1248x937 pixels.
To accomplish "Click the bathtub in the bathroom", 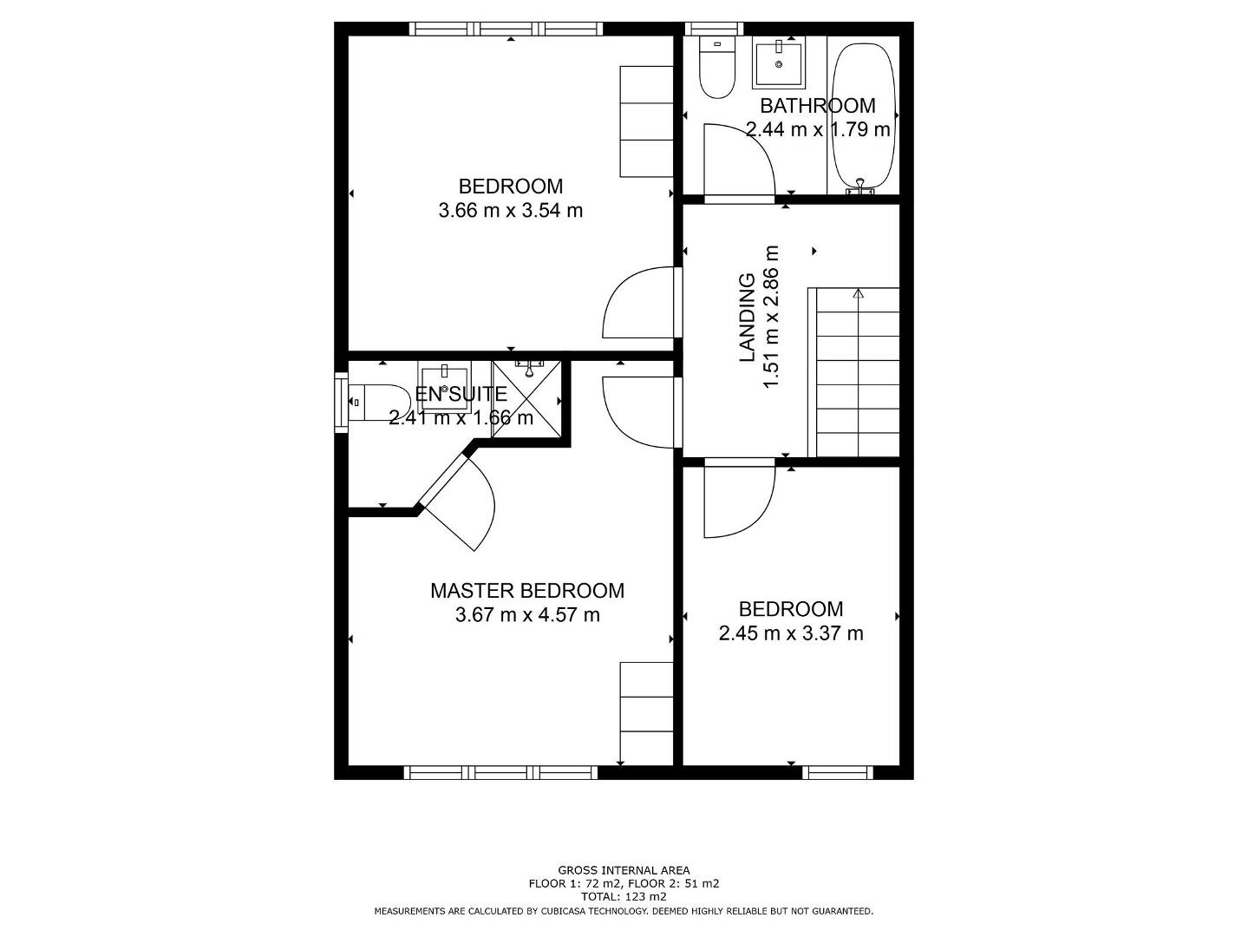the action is (x=863, y=115).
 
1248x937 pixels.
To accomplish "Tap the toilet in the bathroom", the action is (x=717, y=67).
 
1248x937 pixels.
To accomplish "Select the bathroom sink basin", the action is (x=779, y=62).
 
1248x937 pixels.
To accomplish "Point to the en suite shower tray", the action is (x=526, y=398).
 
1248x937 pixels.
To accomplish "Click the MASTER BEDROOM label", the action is (x=527, y=591).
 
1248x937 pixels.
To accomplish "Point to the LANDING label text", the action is (x=747, y=318).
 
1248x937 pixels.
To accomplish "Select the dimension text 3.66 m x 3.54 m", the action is (x=511, y=211).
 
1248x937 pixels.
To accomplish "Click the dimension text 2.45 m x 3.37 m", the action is (x=791, y=633).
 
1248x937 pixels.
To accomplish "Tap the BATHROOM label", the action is (x=818, y=106).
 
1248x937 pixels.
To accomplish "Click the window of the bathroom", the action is (x=714, y=29).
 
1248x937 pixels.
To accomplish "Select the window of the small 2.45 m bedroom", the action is (x=838, y=772).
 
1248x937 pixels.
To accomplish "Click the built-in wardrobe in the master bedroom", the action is (x=646, y=713).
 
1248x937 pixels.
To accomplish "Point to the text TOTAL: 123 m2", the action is (x=624, y=897).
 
